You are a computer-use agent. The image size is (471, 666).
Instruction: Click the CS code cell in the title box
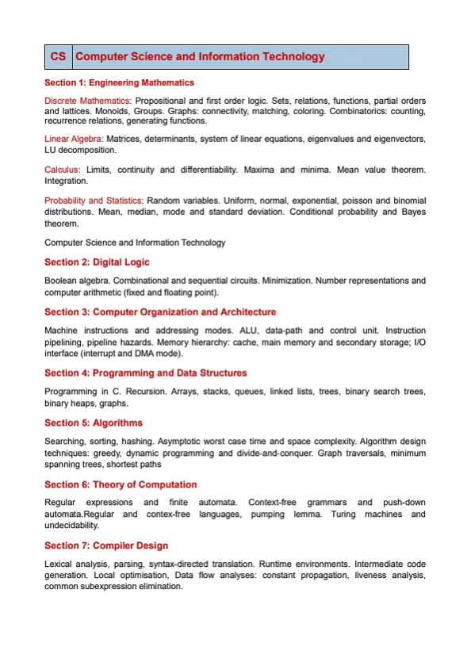click(58, 57)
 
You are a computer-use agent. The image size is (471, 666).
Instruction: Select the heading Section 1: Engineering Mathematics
click(119, 82)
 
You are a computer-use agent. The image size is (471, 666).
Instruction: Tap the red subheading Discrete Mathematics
click(87, 101)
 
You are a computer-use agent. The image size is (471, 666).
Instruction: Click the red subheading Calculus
click(62, 170)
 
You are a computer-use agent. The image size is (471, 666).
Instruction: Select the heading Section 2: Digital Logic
click(97, 262)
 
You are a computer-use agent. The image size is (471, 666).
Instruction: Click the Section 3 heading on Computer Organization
click(160, 312)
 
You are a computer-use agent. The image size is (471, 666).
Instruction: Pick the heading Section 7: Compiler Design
click(106, 545)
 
